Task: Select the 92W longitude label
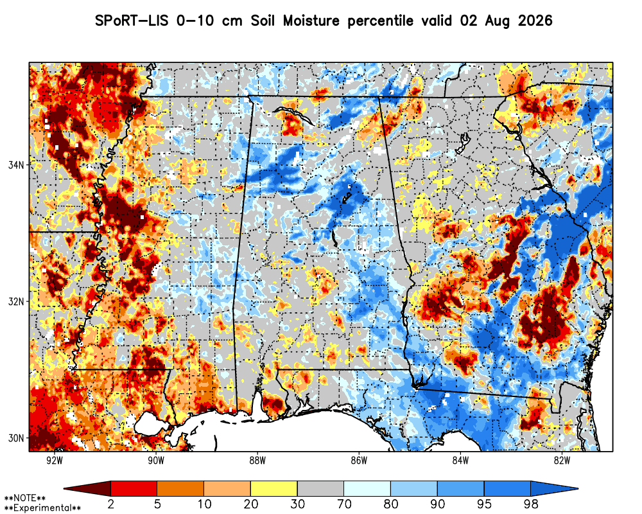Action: coord(55,461)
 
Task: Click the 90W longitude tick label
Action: coord(156,461)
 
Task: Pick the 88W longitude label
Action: coord(257,461)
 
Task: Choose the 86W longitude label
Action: coord(359,461)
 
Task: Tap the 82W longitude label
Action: coord(562,461)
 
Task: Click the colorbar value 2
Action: coord(110,504)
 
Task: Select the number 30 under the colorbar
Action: coord(297,504)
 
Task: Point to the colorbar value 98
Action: coord(531,504)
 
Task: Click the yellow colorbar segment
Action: coord(274,488)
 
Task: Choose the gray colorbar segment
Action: coord(320,488)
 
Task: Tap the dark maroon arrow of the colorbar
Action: coord(87,488)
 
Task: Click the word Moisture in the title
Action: coord(311,21)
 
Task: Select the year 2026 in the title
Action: coord(535,21)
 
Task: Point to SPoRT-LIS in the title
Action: coord(132,21)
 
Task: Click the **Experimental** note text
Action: coord(42,508)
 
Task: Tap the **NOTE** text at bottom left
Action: coord(25,499)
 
